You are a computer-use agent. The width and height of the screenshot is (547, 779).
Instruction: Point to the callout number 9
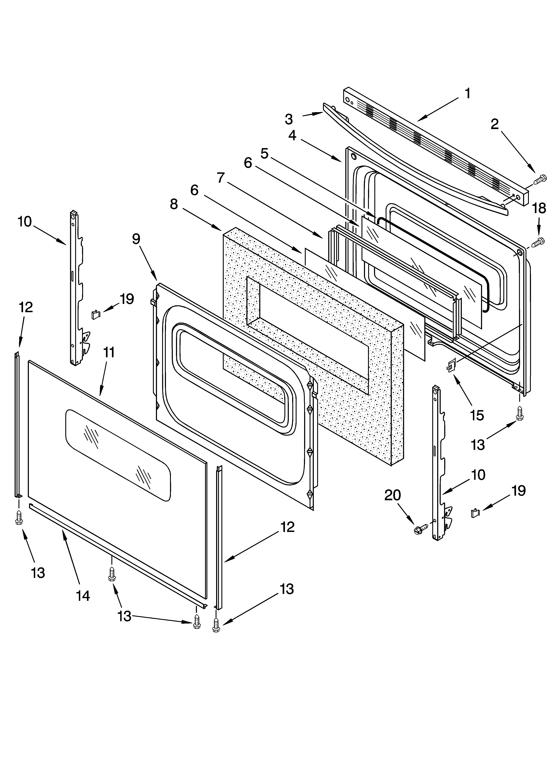click(136, 239)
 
